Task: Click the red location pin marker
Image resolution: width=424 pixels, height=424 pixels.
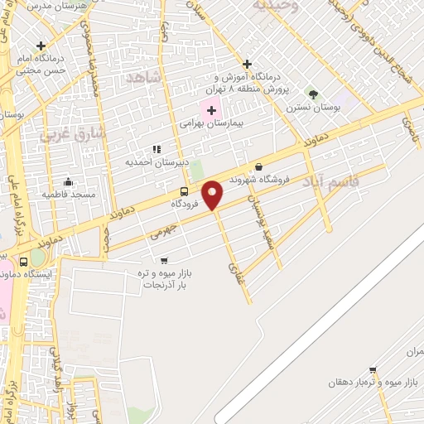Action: pyautogui.click(x=213, y=194)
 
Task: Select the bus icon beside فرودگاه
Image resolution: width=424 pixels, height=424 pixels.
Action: pyautogui.click(x=184, y=190)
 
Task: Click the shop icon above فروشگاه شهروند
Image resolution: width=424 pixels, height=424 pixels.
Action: pyautogui.click(x=258, y=166)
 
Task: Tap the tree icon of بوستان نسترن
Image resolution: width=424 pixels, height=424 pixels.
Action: pyautogui.click(x=312, y=94)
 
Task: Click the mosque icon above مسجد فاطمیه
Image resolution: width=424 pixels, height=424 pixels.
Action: pyautogui.click(x=67, y=182)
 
